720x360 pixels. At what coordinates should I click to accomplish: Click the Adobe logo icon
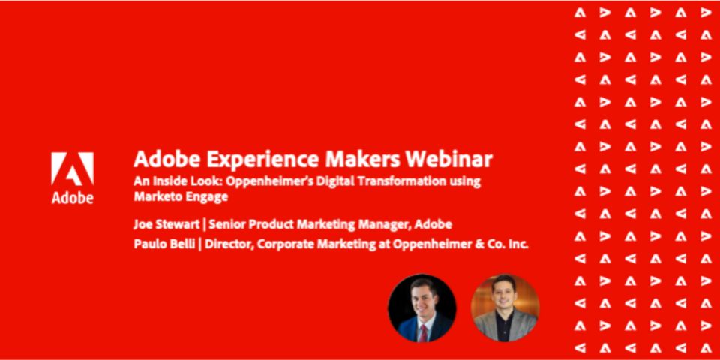coord(73,169)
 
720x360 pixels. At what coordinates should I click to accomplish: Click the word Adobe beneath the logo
coord(73,197)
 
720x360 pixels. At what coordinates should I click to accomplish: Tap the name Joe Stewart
coord(166,224)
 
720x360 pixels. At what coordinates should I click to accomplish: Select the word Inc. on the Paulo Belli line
coord(518,244)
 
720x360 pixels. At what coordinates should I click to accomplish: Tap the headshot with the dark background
coord(422,307)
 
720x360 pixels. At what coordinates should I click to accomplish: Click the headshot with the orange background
coord(505,307)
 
